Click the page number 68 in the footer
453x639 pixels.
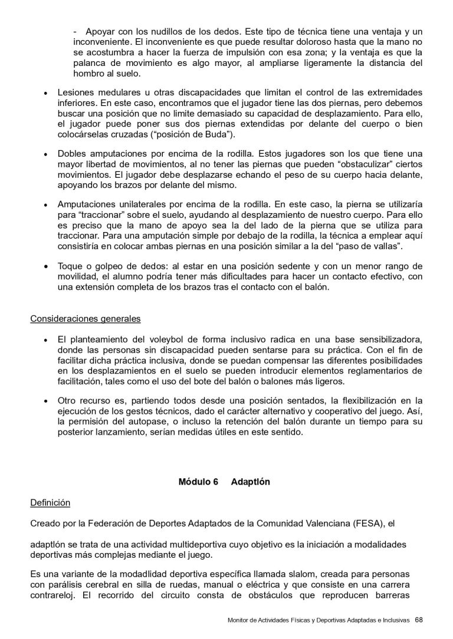419,619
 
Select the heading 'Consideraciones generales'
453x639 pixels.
86,319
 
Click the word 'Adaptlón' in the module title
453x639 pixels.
251,481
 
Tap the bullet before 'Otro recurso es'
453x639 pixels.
45,401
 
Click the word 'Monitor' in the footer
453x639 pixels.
238,620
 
